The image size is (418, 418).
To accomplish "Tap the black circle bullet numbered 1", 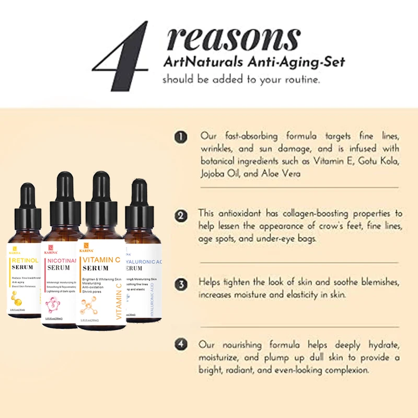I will click(x=180, y=137).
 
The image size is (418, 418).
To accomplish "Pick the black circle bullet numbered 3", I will click(x=180, y=285).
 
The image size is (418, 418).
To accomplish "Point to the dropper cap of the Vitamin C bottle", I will click(x=100, y=193).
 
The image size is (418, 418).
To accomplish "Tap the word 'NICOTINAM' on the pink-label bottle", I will click(x=62, y=260).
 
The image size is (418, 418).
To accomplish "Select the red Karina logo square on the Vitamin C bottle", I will click(x=85, y=246).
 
